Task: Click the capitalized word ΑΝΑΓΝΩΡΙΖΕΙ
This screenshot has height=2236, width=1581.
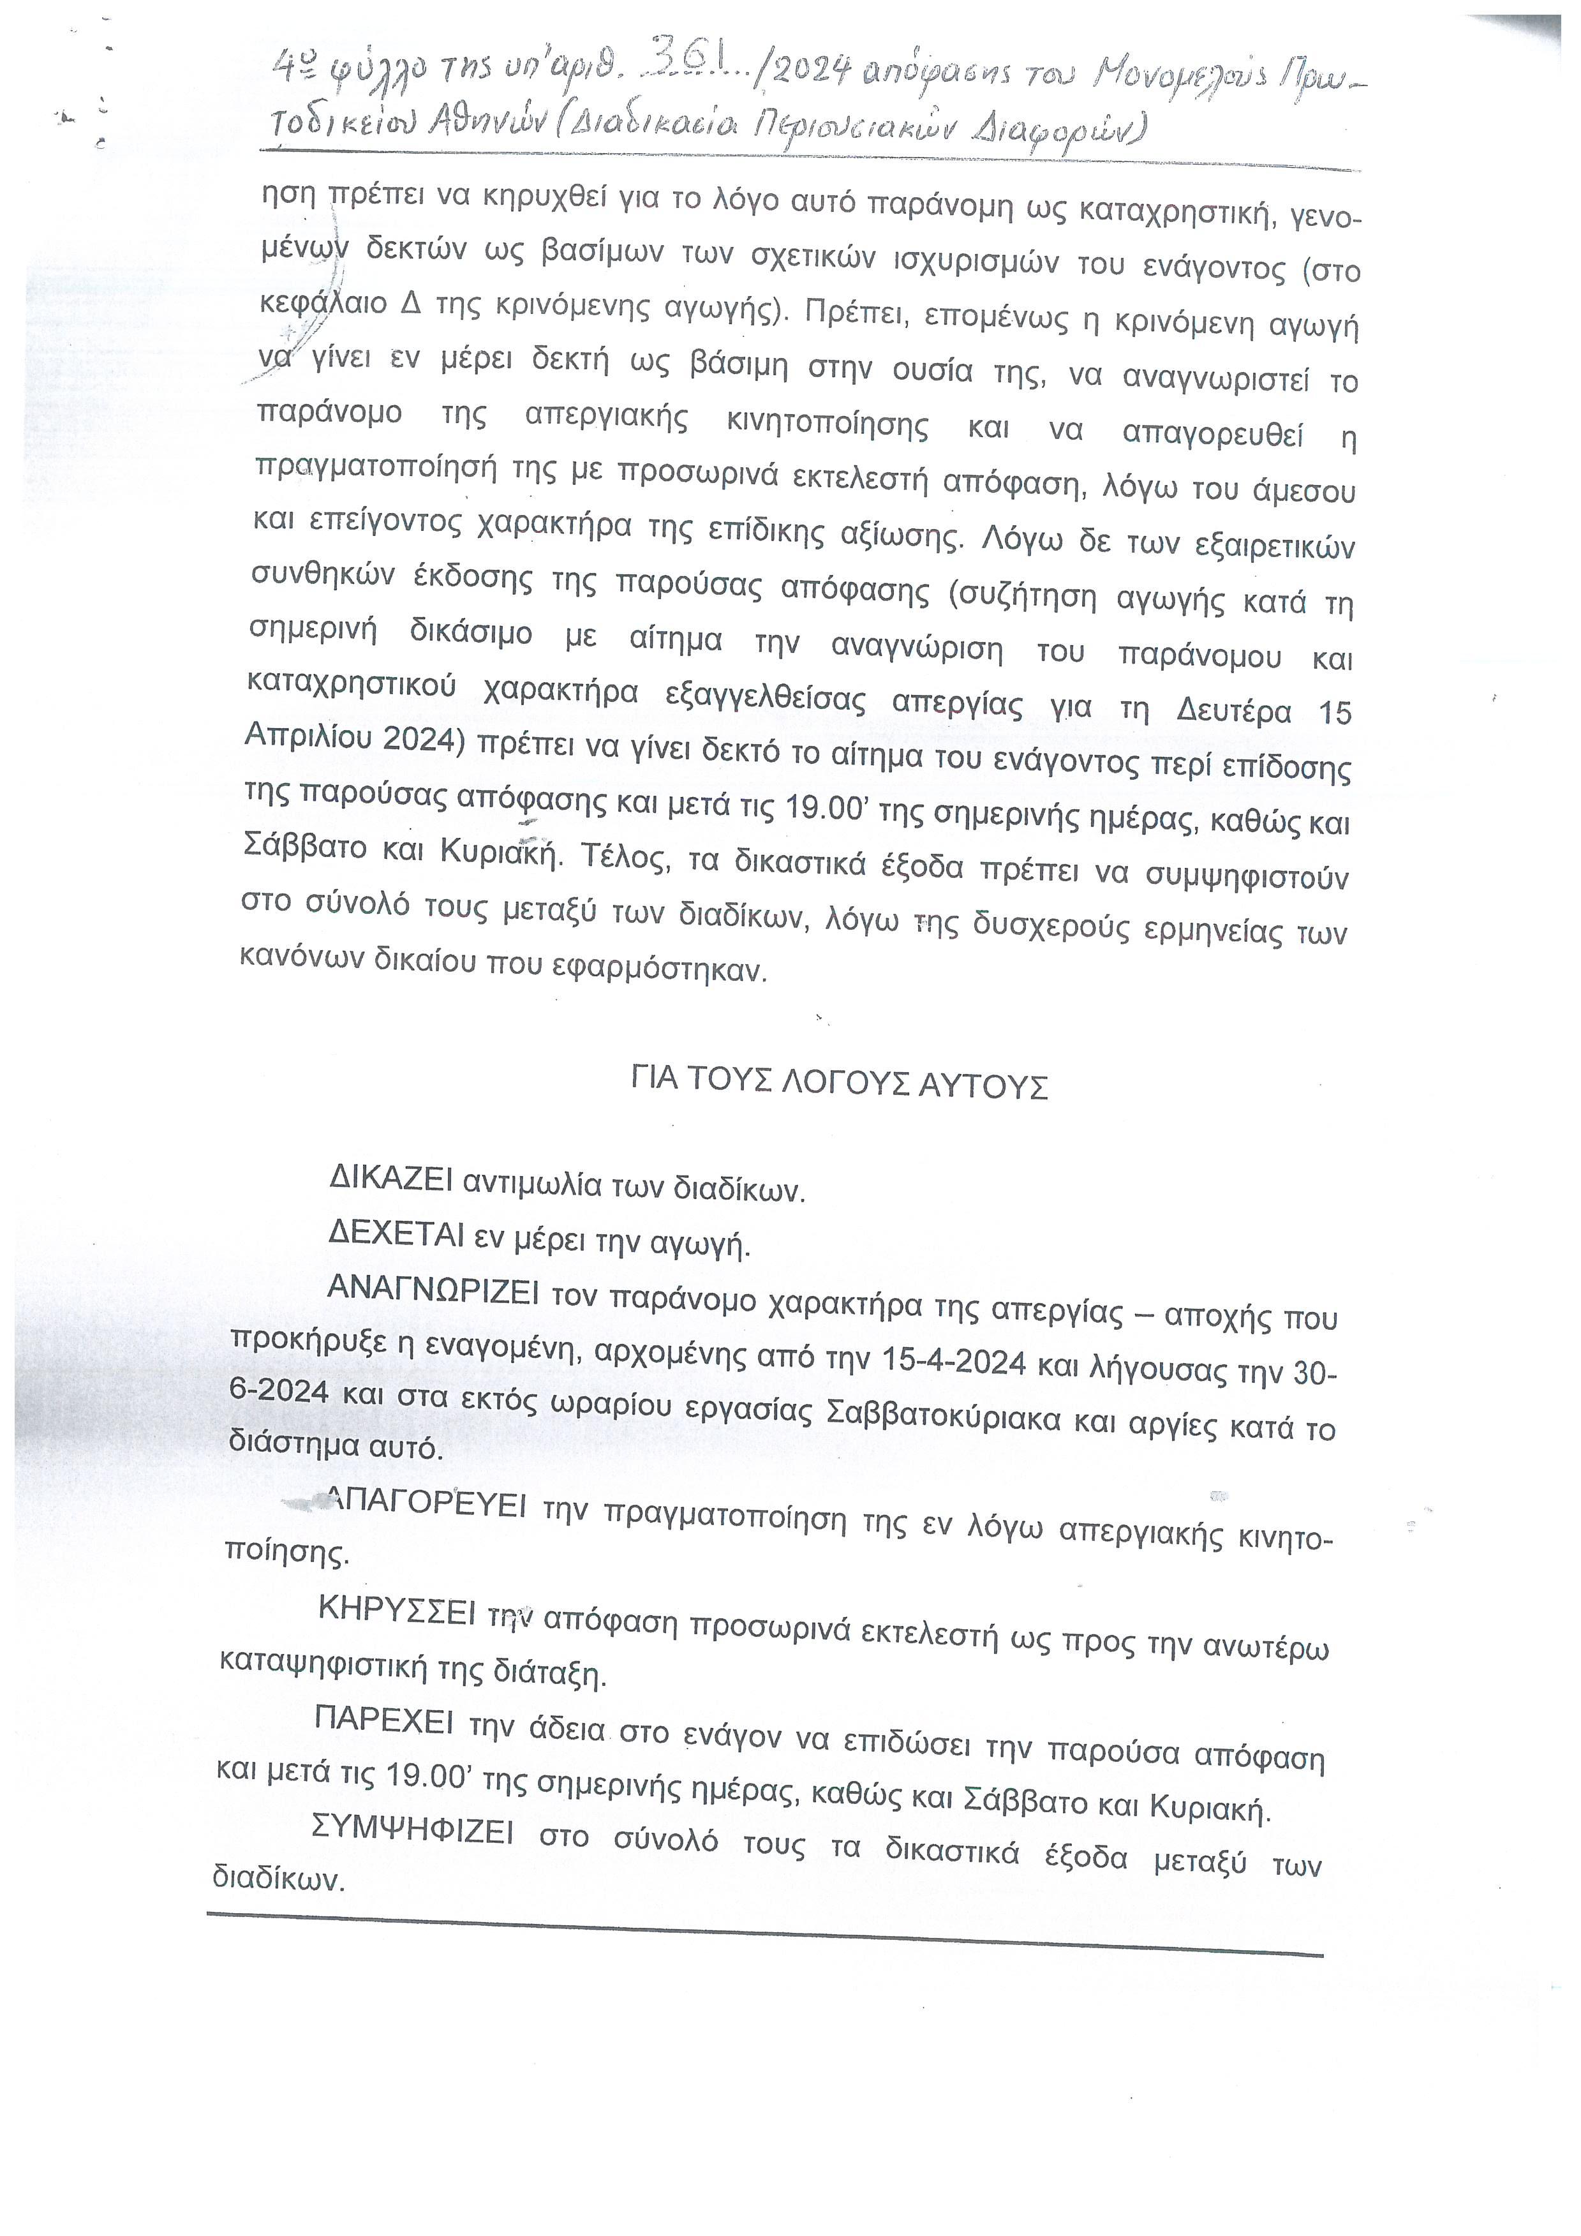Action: (433, 1290)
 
